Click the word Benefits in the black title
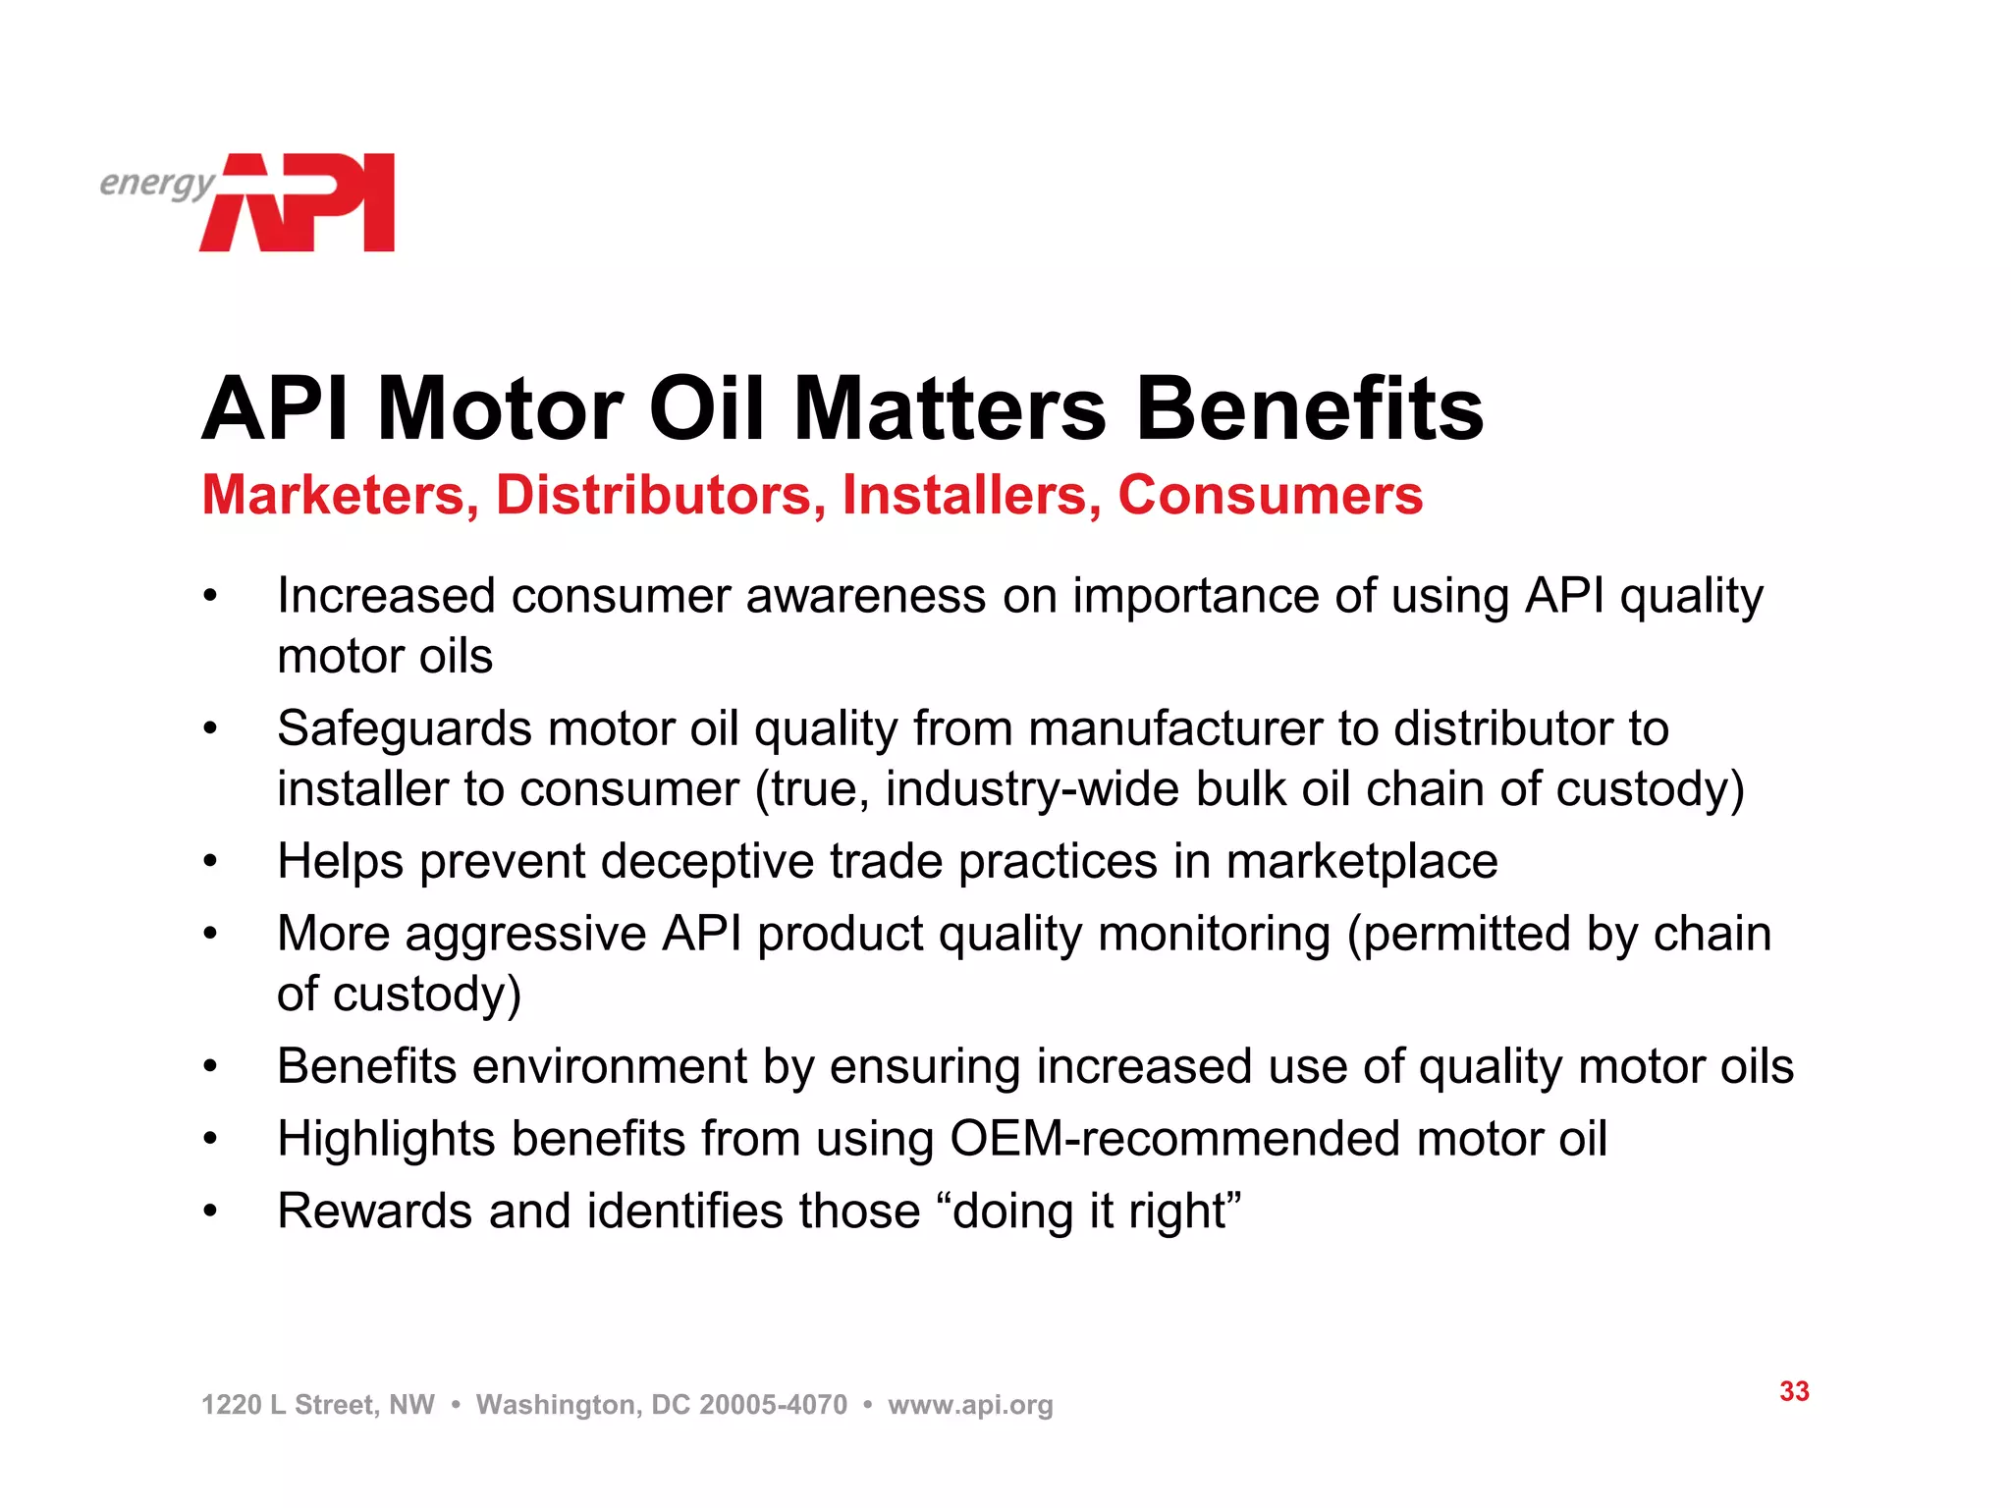(1310, 409)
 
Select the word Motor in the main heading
(500, 409)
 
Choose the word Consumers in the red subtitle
(1270, 495)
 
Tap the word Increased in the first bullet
(386, 596)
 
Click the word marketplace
(1362, 862)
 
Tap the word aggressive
(526, 934)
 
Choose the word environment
(610, 1067)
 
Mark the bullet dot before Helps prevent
(209, 862)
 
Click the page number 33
(1794, 1391)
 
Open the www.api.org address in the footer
(970, 1405)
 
